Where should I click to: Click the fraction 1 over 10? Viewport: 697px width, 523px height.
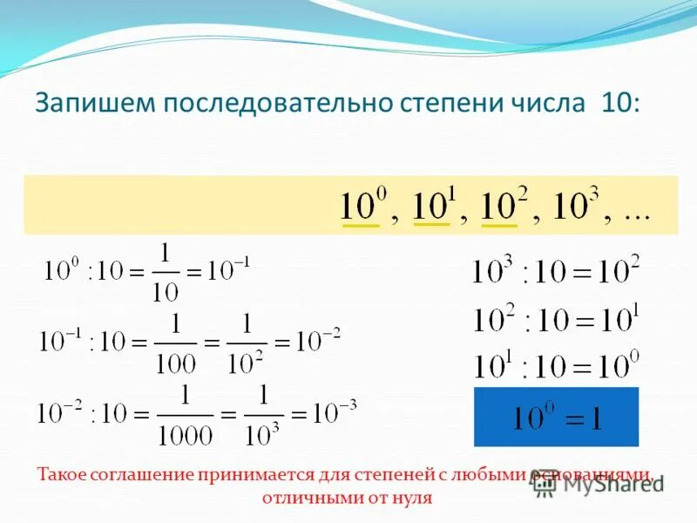(166, 273)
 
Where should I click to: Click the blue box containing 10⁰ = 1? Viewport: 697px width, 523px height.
(556, 417)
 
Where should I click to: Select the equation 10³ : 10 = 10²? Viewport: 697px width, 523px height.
(556, 271)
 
